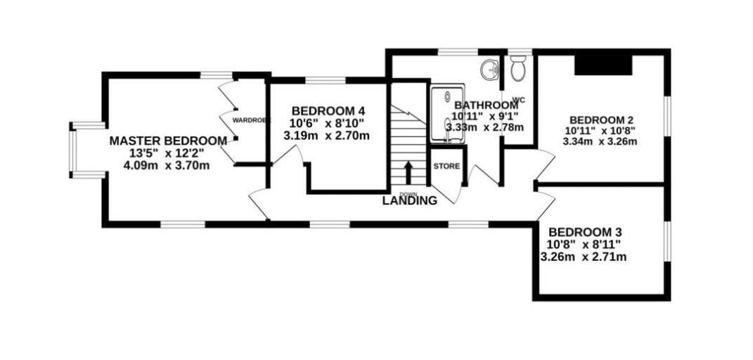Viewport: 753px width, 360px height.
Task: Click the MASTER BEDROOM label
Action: (x=168, y=141)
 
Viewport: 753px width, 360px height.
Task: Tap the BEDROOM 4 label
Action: (x=328, y=111)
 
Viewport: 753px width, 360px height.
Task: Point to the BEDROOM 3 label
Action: (x=585, y=232)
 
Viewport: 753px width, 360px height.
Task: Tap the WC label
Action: (x=519, y=100)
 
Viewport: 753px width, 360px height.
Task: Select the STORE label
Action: (x=446, y=167)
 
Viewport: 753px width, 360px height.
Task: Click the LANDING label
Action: (x=410, y=200)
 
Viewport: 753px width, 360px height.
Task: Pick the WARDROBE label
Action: (x=251, y=120)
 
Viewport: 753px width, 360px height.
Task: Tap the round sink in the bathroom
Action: (x=490, y=69)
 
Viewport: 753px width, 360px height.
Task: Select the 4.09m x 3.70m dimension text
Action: (x=168, y=166)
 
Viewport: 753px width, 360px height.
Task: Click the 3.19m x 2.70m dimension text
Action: (x=326, y=135)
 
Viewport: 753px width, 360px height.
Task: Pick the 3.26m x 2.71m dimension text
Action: (x=583, y=257)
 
